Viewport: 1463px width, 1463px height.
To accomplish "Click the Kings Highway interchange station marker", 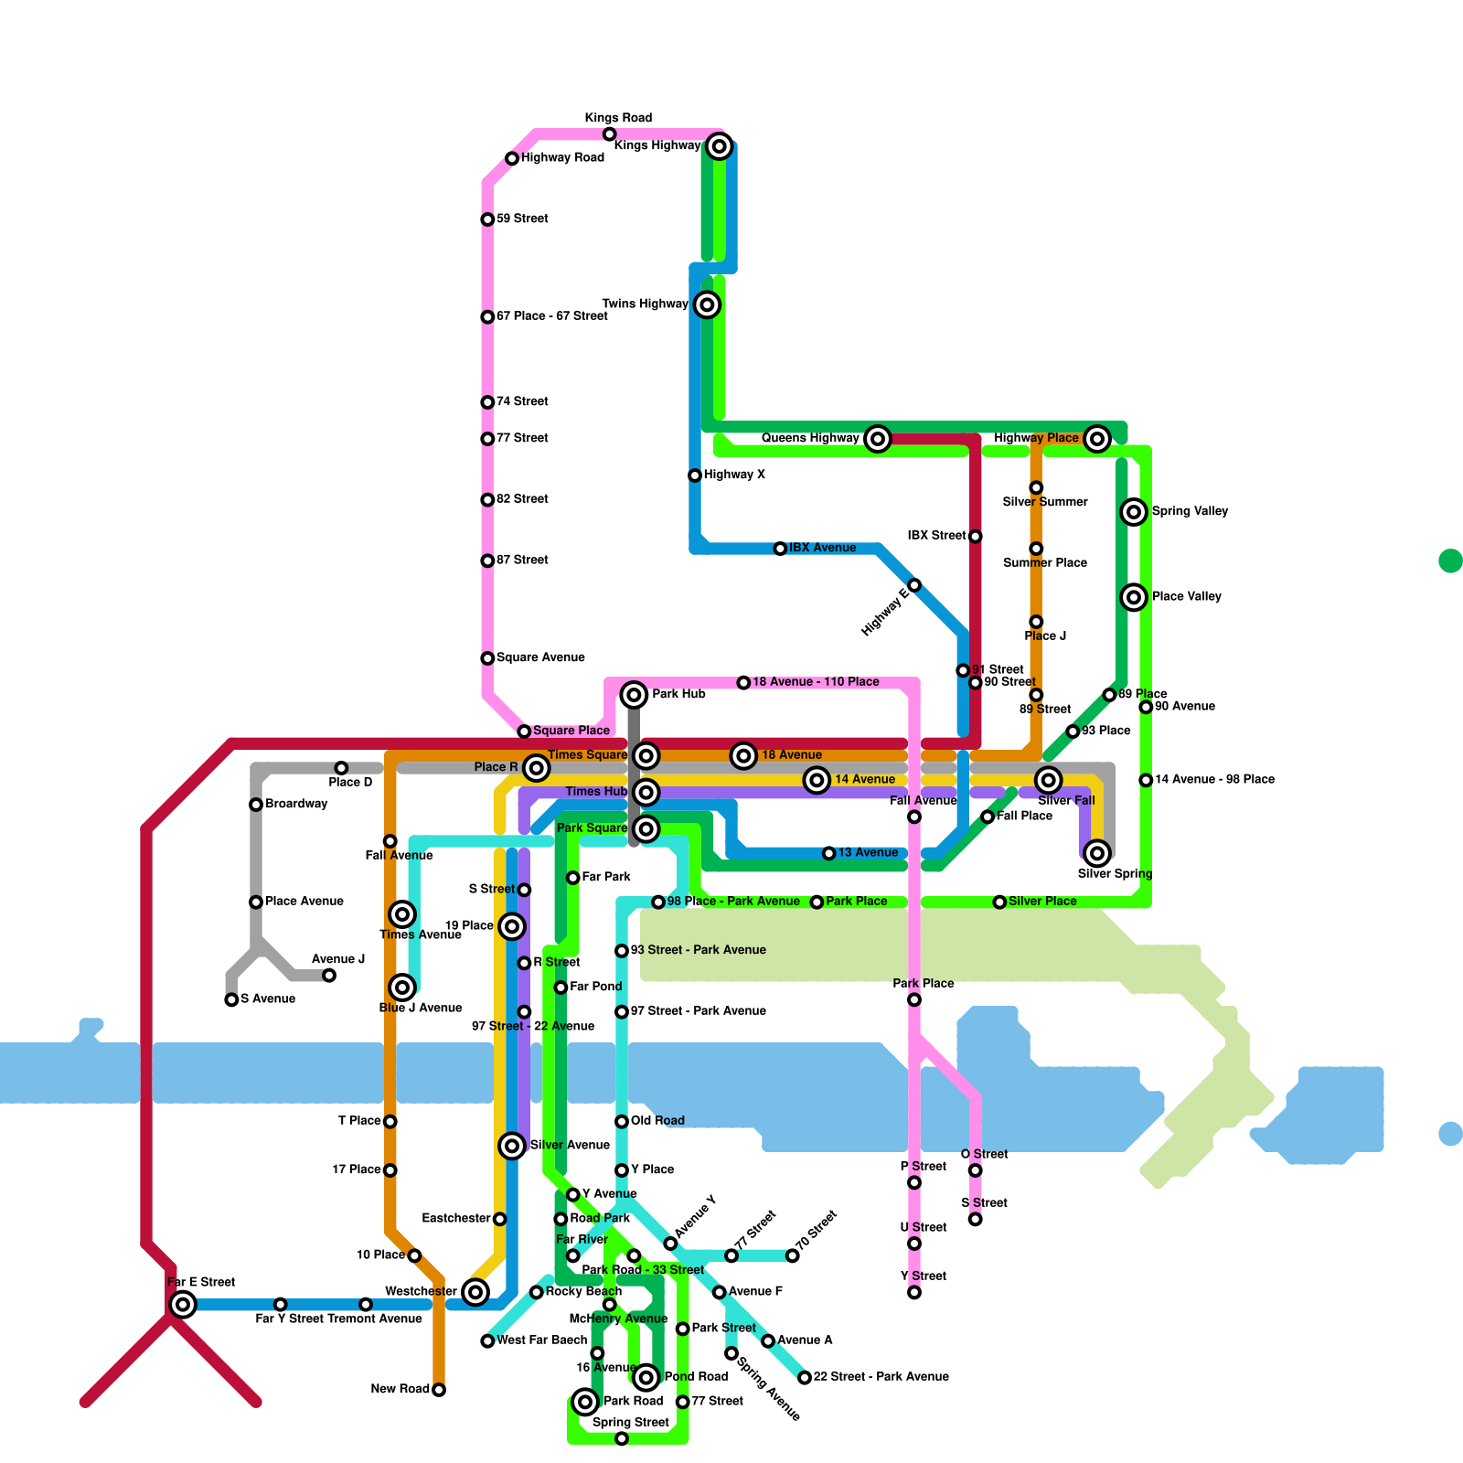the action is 720,145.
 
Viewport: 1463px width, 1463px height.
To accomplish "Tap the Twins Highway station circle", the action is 707,304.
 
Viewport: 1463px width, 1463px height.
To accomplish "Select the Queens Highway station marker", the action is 878,439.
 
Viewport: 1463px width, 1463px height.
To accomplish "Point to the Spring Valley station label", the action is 1190,511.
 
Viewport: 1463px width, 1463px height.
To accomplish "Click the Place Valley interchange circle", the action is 1134,597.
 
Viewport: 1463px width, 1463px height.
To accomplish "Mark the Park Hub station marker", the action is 634,695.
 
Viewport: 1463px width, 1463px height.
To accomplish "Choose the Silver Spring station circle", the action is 1097,853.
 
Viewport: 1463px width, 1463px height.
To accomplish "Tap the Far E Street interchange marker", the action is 183,1304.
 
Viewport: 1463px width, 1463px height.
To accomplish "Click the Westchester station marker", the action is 475,1291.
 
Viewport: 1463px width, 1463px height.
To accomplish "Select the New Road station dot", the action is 439,1390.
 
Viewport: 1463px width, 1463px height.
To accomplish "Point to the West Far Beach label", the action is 541,1340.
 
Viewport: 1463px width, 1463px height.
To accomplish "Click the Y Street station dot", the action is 914,1292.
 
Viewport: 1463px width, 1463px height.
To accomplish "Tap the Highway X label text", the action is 734,475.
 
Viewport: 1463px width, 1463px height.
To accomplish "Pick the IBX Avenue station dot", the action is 780,549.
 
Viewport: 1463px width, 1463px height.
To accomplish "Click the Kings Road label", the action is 618,118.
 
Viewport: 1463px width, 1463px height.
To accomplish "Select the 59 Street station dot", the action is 487,219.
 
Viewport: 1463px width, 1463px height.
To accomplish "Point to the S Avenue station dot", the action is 231,999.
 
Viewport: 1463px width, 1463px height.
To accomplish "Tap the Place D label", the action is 350,783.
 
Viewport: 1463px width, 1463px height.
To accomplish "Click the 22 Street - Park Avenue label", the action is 881,1377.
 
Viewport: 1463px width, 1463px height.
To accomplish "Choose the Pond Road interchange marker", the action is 646,1377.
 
